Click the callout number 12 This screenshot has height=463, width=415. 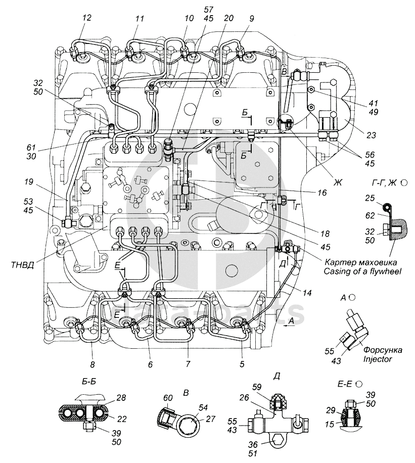point(87,18)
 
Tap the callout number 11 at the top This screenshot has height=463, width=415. point(140,18)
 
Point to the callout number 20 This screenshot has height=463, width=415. point(228,18)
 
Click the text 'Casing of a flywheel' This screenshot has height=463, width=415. point(361,272)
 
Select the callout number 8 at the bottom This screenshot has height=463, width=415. point(92,364)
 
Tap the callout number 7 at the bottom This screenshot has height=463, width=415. point(188,364)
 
